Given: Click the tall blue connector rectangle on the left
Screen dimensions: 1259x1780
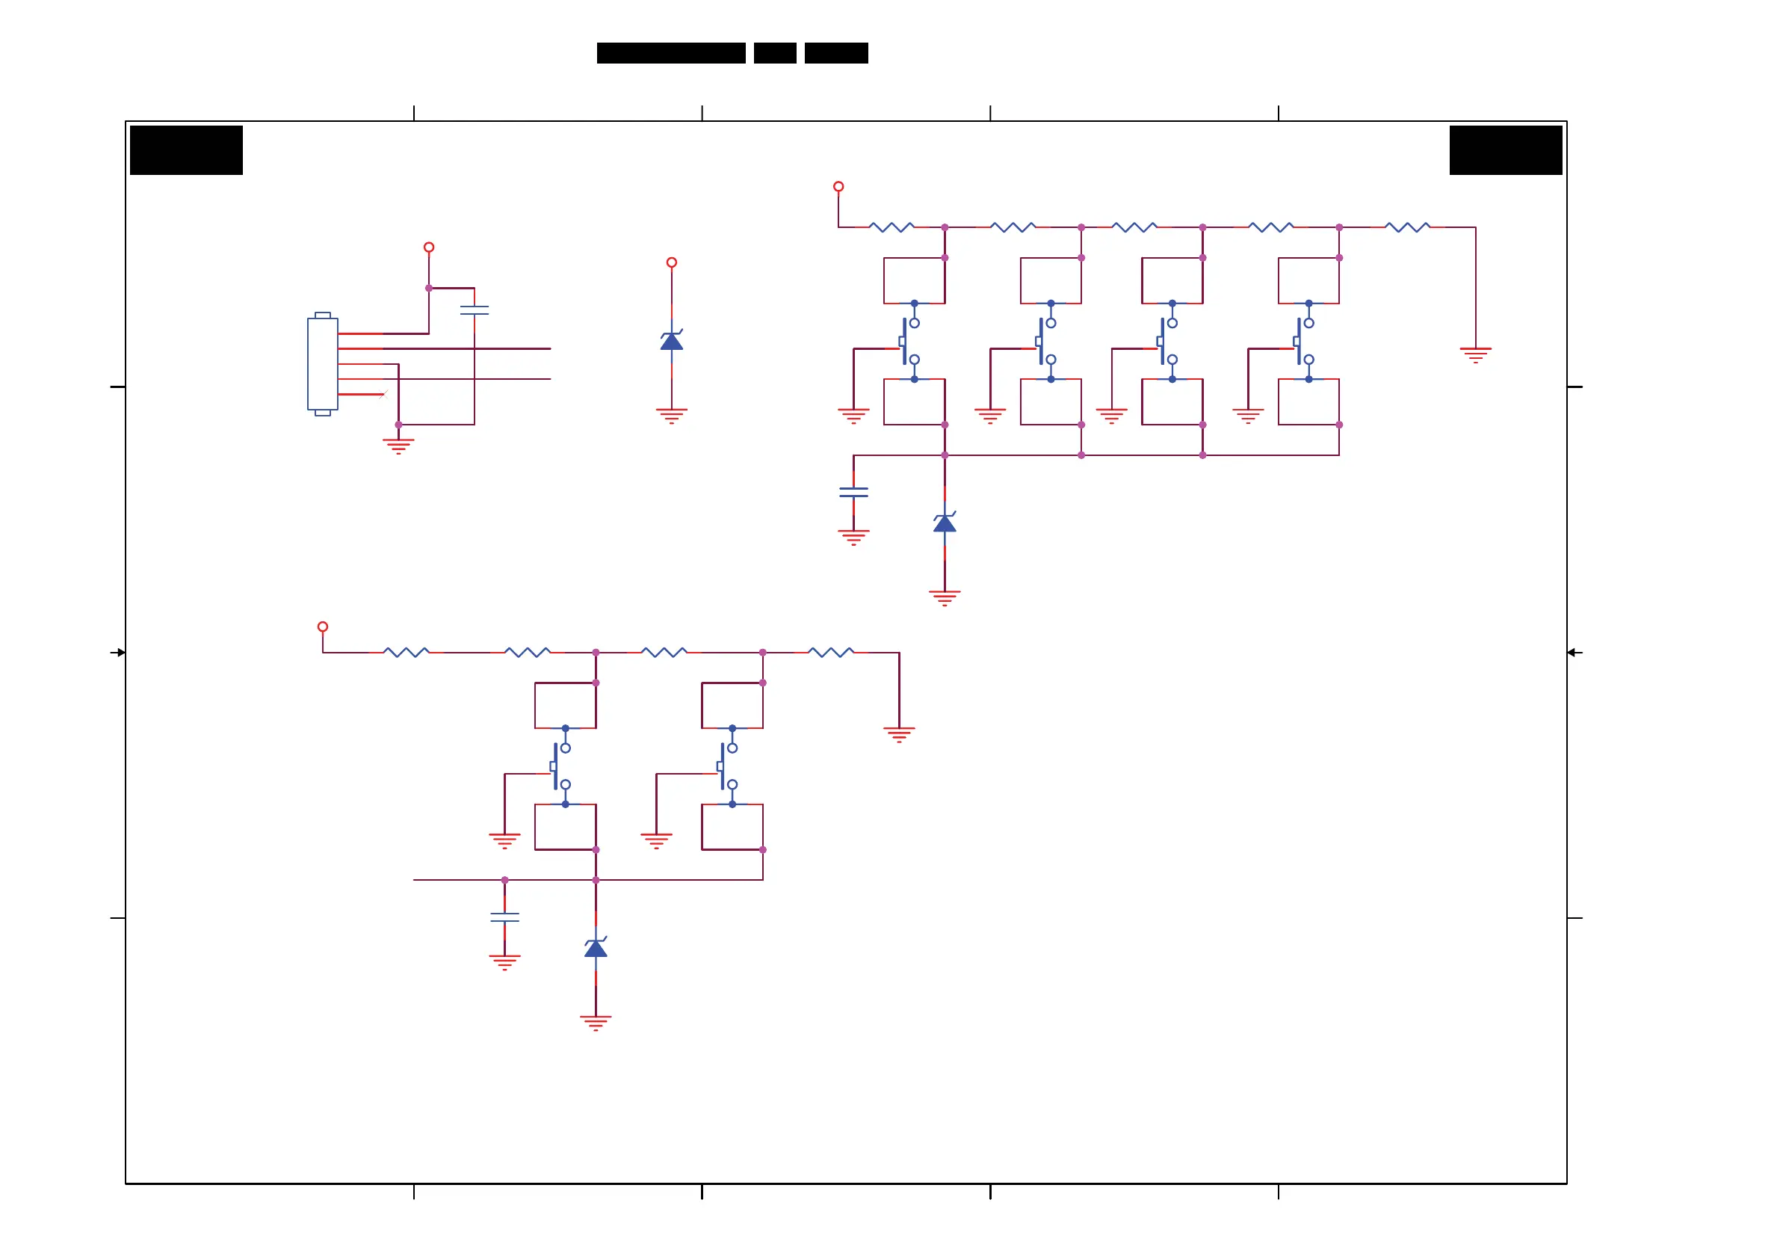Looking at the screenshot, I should point(323,364).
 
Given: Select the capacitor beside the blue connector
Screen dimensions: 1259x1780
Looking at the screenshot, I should point(475,310).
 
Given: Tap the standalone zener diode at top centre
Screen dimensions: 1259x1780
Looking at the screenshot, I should point(671,340).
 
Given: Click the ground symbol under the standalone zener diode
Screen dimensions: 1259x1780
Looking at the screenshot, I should point(671,415).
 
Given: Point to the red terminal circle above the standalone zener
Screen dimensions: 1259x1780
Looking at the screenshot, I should point(671,263).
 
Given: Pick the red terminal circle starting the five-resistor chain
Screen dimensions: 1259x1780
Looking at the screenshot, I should point(838,187).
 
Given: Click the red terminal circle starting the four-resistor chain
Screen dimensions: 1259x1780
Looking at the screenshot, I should point(323,627).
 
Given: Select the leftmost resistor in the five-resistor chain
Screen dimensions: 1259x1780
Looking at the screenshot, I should point(891,227).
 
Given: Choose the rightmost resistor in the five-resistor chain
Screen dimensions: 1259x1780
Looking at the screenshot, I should point(1407,227).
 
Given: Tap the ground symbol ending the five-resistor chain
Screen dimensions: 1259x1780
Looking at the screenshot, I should point(1475,354).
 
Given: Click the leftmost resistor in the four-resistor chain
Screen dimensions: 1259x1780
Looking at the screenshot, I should point(407,653).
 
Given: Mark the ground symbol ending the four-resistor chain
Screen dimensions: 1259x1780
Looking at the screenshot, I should point(899,734).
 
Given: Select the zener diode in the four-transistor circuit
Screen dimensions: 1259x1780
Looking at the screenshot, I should point(945,523).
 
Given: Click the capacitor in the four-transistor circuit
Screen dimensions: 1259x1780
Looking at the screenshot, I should point(853,493).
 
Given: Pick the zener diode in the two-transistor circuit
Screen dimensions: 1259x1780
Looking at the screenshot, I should point(596,947).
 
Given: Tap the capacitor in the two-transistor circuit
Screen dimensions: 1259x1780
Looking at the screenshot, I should point(504,917).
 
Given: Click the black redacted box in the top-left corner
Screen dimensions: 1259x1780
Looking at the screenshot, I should point(186,150).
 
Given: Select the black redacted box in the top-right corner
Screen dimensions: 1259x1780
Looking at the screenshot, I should point(1506,150).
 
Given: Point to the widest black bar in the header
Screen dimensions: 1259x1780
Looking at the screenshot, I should point(670,53).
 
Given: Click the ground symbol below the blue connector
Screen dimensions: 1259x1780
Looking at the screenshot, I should point(398,446).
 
